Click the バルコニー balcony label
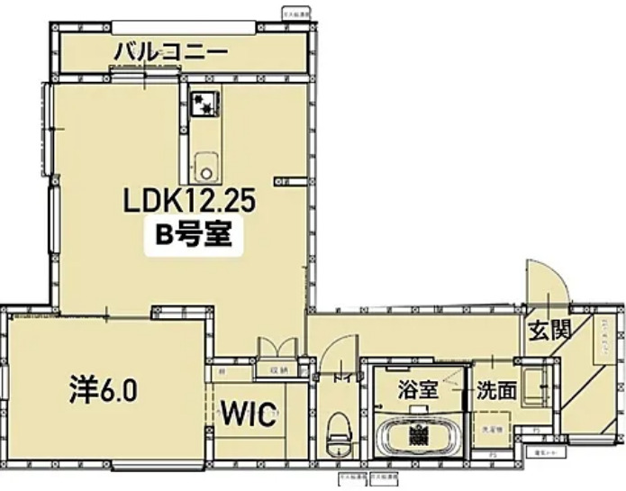[x=169, y=52]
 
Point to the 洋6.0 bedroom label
[x=103, y=391]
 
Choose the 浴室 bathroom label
[x=418, y=390]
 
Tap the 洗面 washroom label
[x=496, y=390]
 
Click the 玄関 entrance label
[x=549, y=331]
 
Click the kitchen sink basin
[x=205, y=168]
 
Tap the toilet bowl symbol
[x=339, y=433]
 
